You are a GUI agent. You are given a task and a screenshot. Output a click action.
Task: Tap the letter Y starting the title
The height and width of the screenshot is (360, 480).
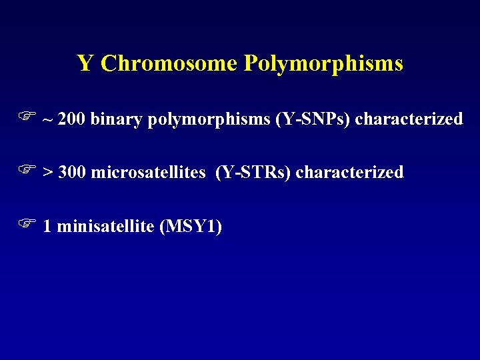[x=85, y=63]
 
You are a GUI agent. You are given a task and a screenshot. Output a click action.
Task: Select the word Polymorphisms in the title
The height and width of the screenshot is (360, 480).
[x=323, y=63]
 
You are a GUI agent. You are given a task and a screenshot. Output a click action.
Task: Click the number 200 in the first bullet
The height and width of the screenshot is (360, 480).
[x=72, y=119]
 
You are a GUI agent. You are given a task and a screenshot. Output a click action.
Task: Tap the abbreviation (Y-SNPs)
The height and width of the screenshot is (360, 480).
[x=313, y=119]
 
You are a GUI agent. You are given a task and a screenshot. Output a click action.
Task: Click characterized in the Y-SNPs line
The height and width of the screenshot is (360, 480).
[x=409, y=119]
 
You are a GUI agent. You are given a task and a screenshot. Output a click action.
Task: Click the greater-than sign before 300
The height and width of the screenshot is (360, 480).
[x=48, y=173]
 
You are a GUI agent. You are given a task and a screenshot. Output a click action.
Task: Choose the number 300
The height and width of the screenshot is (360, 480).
[x=72, y=173]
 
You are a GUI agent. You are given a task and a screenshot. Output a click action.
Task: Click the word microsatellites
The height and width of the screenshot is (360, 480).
[x=148, y=173]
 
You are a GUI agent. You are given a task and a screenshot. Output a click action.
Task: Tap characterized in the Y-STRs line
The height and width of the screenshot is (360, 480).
[x=349, y=173]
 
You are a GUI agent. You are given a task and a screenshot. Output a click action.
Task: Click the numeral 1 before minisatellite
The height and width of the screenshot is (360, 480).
[x=47, y=227]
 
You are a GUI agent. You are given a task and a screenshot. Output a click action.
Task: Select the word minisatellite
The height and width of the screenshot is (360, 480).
[x=106, y=227]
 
